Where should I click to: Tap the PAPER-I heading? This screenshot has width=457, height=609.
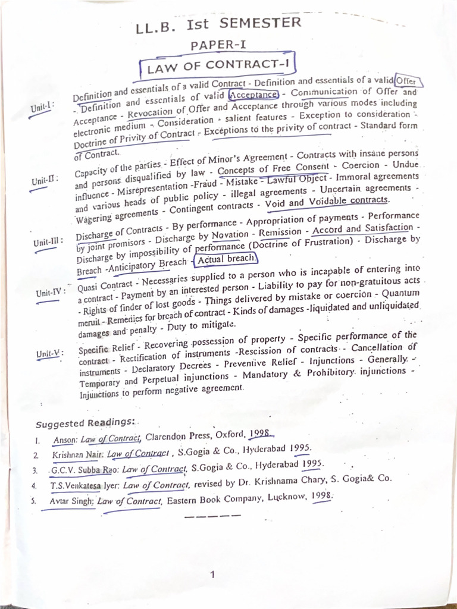[x=215, y=45]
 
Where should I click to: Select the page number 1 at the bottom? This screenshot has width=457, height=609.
[x=212, y=575]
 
